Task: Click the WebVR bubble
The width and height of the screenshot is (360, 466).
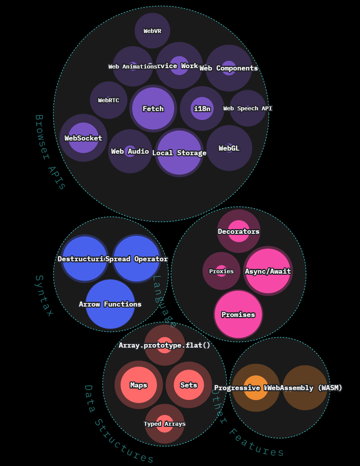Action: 152,31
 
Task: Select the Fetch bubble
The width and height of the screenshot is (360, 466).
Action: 153,109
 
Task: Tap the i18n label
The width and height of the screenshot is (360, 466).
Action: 202,109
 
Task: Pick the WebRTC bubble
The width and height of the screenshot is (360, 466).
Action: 109,100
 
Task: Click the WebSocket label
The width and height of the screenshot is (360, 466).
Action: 83,138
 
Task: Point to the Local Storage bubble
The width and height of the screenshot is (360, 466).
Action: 179,152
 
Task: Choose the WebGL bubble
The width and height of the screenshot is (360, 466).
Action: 229,148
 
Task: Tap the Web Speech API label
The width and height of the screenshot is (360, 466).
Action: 247,108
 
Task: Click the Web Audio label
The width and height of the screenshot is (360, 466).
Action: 130,151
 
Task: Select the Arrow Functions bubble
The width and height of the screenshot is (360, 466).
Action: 110,304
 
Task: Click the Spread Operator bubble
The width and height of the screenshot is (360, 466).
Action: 136,259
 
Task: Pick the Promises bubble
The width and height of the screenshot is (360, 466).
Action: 238,315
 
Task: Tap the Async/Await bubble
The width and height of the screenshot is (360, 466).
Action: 268,271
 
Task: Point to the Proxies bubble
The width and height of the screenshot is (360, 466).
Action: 222,271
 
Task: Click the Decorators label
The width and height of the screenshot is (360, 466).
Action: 239,231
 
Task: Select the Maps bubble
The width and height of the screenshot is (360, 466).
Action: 138,385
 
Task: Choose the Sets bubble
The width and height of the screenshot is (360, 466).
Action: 189,385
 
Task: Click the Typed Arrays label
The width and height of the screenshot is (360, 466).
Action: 165,424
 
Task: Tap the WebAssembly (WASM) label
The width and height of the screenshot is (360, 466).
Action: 305,388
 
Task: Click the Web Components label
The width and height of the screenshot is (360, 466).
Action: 229,68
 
